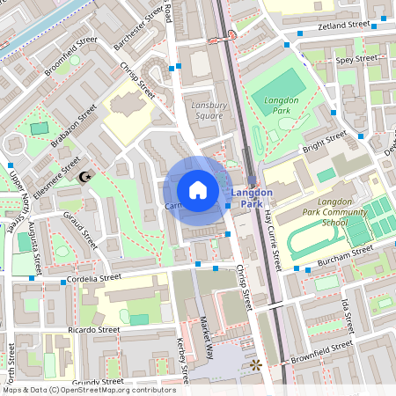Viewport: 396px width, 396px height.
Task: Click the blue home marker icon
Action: [x=197, y=189]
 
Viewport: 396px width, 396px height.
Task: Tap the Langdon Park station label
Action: [x=252, y=198]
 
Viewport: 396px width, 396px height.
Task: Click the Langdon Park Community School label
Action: [x=308, y=217]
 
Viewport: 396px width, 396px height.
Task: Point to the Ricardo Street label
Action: [x=92, y=330]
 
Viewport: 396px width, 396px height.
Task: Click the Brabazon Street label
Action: [x=76, y=127]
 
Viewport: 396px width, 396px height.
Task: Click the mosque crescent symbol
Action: [x=84, y=177]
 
